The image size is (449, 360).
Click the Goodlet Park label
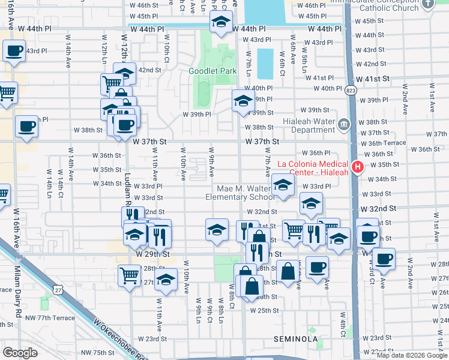click(212, 71)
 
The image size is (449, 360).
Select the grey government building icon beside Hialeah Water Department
click(344, 125)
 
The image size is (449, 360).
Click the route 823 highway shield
click(350, 91)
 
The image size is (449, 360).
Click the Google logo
click(20, 353)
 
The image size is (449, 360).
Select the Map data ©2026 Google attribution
click(412, 355)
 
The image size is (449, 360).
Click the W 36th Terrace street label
click(387, 143)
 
